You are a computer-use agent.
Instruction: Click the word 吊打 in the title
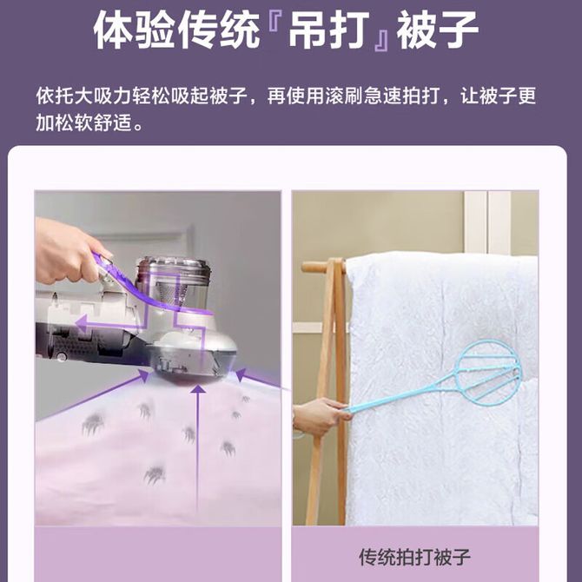click(329, 30)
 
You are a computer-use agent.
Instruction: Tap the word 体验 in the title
click(134, 30)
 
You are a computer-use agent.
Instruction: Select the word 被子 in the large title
click(437, 30)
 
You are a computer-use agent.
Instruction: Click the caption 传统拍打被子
click(414, 557)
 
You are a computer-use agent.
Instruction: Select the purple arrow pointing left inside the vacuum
click(111, 323)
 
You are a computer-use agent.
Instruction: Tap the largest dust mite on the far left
click(92, 422)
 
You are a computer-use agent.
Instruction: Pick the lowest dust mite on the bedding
click(155, 474)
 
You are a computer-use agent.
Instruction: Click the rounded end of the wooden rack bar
click(306, 267)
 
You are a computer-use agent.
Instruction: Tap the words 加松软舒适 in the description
click(84, 122)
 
